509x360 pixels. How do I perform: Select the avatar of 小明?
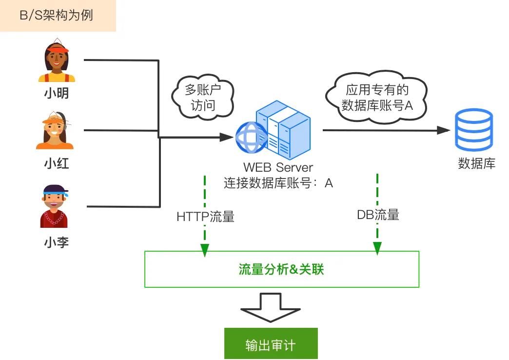(x=57, y=61)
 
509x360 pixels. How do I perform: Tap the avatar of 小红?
(x=55, y=130)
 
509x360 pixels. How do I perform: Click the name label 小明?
(x=57, y=93)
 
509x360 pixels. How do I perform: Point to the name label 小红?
(x=57, y=163)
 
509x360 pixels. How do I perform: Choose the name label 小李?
(x=57, y=242)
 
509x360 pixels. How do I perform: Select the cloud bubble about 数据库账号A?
(x=377, y=97)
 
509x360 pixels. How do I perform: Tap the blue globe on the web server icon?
(x=252, y=138)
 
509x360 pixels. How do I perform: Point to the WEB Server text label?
(x=278, y=167)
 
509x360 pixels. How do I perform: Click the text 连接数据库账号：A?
(x=278, y=183)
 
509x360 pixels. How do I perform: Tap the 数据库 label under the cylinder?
(x=476, y=163)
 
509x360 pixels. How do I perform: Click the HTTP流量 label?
(x=205, y=217)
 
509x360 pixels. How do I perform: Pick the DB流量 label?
(x=378, y=215)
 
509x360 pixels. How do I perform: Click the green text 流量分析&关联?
(x=281, y=269)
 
